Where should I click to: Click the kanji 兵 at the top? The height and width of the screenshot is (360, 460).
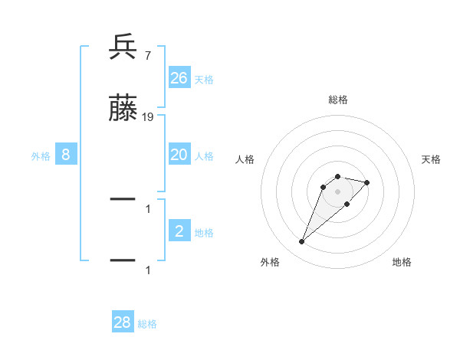click(x=123, y=47)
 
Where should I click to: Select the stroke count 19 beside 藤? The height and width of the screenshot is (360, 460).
click(x=148, y=117)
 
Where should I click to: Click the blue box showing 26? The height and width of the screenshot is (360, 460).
click(x=179, y=78)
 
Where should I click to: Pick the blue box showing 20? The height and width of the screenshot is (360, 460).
click(x=179, y=155)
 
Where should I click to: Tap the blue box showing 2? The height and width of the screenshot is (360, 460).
click(x=179, y=231)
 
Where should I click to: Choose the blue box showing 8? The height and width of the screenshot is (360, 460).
click(x=66, y=155)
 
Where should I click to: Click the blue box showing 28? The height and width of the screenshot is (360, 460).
click(x=123, y=322)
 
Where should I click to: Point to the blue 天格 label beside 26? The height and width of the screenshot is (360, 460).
click(x=204, y=79)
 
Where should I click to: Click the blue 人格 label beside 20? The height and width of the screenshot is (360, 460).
click(x=204, y=155)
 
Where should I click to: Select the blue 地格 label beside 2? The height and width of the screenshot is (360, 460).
click(x=204, y=232)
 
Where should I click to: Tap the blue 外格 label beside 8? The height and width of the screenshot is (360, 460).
click(x=41, y=155)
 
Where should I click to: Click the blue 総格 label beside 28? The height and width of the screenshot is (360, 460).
click(x=147, y=323)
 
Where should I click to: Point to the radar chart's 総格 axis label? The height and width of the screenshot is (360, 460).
click(x=337, y=100)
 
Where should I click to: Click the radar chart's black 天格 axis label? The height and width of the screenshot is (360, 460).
click(x=432, y=159)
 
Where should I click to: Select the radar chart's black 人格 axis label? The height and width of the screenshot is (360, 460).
click(x=245, y=159)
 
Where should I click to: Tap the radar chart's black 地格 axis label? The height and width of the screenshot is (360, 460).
click(x=402, y=262)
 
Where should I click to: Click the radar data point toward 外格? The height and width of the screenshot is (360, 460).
click(x=301, y=242)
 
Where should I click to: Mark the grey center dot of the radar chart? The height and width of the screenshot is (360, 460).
click(x=337, y=191)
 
